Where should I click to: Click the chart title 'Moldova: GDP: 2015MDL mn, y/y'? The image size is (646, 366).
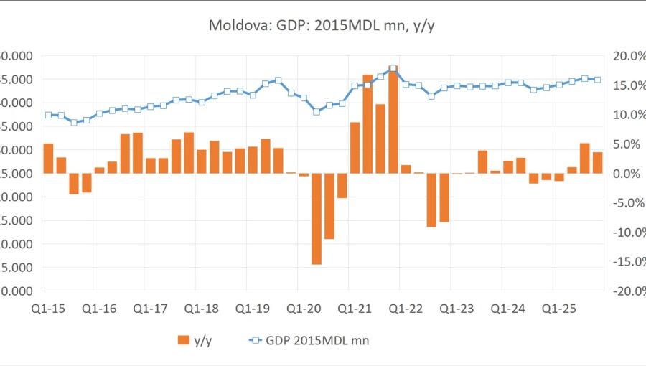(x=323, y=26)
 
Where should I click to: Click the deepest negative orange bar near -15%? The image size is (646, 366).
(x=317, y=219)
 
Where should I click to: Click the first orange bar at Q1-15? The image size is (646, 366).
(x=48, y=159)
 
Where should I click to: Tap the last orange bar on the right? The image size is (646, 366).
(x=598, y=163)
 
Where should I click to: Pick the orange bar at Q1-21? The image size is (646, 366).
(x=355, y=148)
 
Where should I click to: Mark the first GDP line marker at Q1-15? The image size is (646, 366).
(x=48, y=115)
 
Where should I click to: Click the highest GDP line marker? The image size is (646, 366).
(x=393, y=69)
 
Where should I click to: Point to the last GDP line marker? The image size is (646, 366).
(x=598, y=80)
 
